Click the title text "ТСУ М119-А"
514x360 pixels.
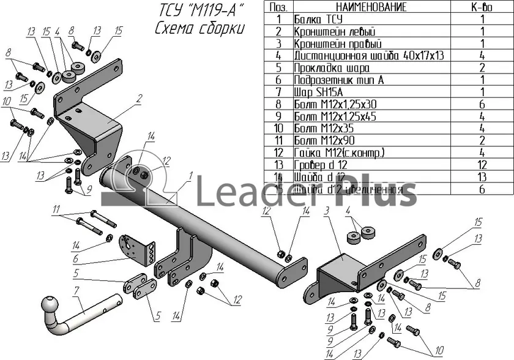[197, 10]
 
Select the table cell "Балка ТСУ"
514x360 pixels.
[318, 19]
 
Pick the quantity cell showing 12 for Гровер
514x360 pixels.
[482, 165]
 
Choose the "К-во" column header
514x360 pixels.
[482, 7]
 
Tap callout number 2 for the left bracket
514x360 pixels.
[140, 97]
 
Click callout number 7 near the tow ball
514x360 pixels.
[75, 290]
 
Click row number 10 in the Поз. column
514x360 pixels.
[278, 128]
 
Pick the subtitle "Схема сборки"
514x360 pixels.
[199, 29]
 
